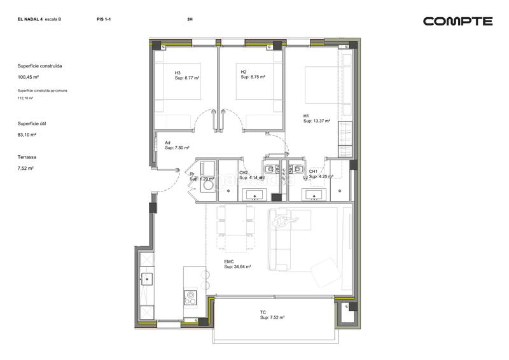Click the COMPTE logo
coord(457,21)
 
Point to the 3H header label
coord(190,20)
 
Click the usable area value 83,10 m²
coord(27,135)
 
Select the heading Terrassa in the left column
coord(27,156)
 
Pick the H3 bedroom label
coord(178,73)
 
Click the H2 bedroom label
coord(244,72)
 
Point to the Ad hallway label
coord(167,142)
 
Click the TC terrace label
coord(263,312)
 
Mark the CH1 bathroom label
coord(313,172)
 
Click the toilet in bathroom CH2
coord(270,170)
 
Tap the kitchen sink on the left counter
coord(146,278)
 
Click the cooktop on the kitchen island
coord(190,296)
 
